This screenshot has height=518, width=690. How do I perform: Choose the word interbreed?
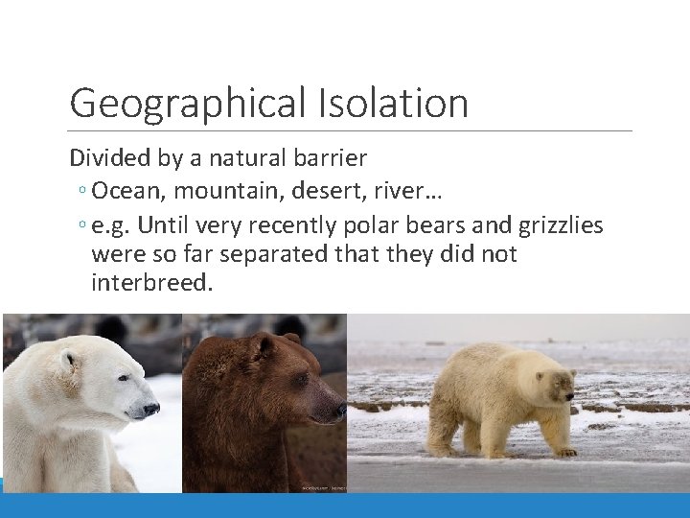151,284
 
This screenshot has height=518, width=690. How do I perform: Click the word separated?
284,254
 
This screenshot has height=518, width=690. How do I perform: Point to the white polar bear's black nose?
150,410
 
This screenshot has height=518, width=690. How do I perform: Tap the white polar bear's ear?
67,361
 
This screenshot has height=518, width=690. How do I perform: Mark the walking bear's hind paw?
443,450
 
